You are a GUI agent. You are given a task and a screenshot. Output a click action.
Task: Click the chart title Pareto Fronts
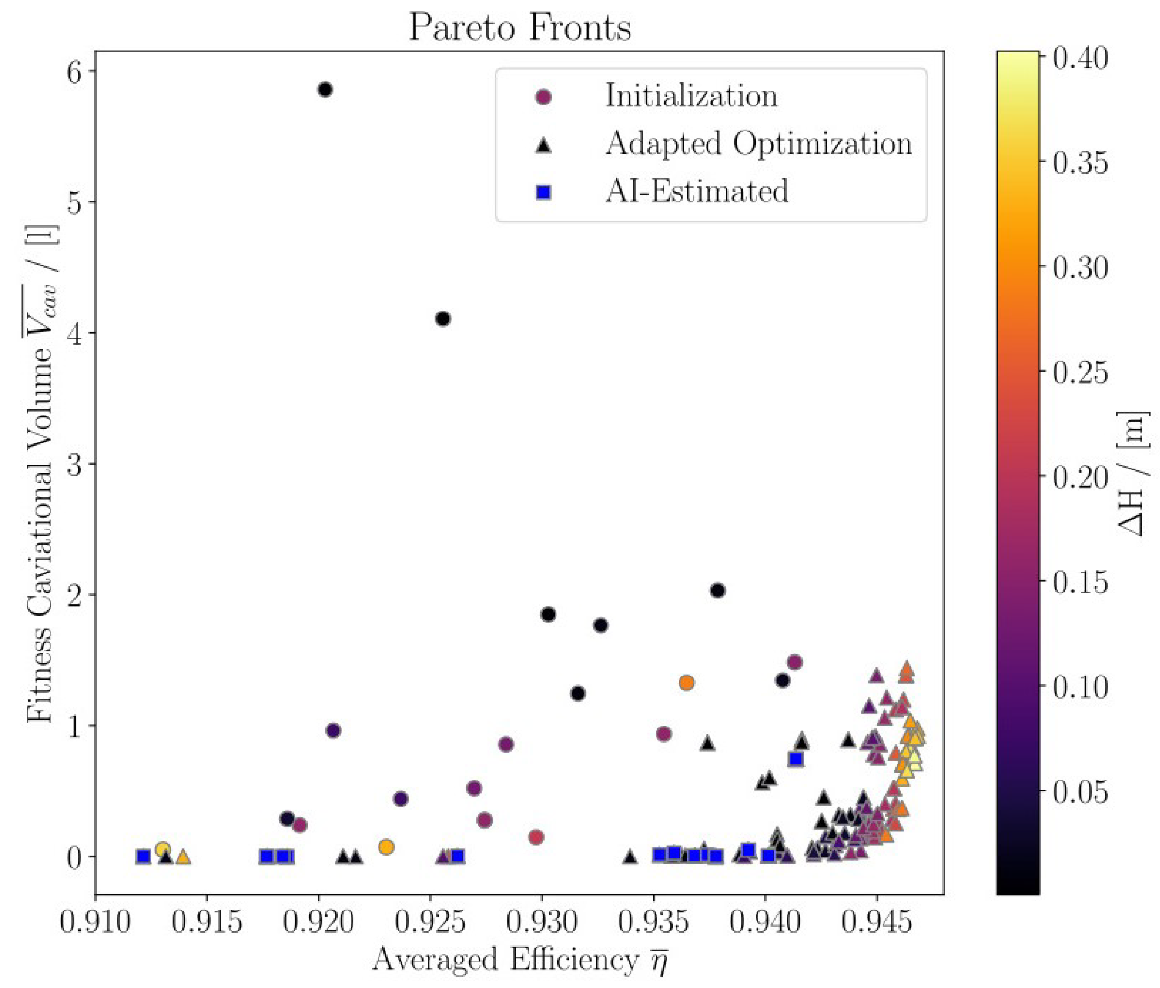tap(520, 26)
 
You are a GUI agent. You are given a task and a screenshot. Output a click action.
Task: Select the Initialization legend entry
tap(691, 96)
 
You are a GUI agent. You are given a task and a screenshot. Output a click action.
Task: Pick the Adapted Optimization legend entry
tap(758, 144)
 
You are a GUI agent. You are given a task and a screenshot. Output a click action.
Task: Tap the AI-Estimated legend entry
tap(697, 191)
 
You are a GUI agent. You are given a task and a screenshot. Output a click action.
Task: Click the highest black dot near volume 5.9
tap(325, 90)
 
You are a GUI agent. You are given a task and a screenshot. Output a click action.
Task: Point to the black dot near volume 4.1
tap(443, 319)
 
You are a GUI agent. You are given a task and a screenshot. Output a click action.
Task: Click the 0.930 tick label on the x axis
tap(541, 922)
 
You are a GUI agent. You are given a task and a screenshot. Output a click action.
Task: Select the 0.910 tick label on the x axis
tap(95, 922)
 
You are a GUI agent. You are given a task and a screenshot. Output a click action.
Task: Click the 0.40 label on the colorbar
tap(1080, 58)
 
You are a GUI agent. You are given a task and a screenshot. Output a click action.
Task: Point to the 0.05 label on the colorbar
tap(1080, 791)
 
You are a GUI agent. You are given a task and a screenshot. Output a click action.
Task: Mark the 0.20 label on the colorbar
tap(1080, 477)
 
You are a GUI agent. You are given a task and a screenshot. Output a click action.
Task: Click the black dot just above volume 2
tap(718, 590)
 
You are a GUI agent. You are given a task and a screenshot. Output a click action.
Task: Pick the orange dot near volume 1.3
tap(686, 683)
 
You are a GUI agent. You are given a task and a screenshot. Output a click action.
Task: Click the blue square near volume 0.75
tap(796, 759)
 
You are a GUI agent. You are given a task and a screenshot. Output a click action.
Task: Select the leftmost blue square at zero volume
tap(143, 857)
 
